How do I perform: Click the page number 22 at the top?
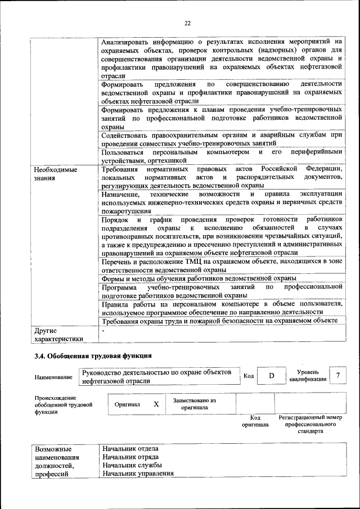pos(188,23)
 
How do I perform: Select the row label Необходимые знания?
pos(55,174)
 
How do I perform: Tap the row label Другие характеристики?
pos(58,335)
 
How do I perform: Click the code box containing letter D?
pos(271,375)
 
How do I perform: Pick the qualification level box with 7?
pos(337,375)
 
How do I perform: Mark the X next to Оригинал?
pos(156,404)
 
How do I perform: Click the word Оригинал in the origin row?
pos(127,404)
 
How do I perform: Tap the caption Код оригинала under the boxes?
pos(255,421)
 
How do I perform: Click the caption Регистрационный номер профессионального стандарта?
pos(310,425)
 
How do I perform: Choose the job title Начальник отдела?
pos(130,448)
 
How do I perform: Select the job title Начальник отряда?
pos(131,457)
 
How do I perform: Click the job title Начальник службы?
pos(132,465)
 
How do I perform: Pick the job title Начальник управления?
pos(138,474)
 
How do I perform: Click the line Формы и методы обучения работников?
pos(199,278)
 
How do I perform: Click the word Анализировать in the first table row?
pos(128,42)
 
